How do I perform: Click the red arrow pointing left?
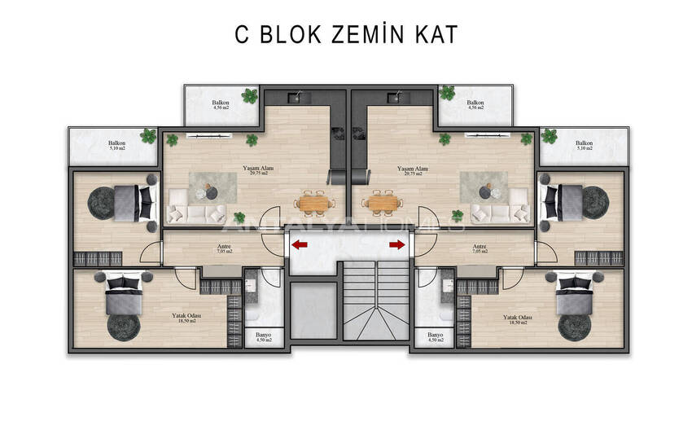coord(300,243)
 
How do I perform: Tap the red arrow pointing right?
coord(397,243)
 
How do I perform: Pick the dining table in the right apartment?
coord(382,201)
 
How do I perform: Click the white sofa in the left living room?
coord(196,214)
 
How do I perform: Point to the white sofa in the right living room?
coord(497,214)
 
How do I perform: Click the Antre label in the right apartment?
coord(480,248)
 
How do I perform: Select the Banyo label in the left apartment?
coord(263,336)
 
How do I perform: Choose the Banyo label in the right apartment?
coord(435,336)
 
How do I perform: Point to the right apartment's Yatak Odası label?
coord(515,318)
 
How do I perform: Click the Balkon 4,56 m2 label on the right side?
coord(475,104)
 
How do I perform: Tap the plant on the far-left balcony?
coord(148,136)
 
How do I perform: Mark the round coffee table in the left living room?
coord(211,192)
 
